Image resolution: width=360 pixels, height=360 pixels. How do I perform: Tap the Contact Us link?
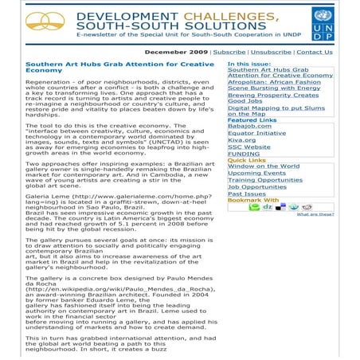[314, 51]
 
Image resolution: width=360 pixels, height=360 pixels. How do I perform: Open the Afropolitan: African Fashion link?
[274, 81]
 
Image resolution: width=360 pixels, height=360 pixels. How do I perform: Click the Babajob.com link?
[248, 126]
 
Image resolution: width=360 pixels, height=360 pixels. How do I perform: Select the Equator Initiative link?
[256, 133]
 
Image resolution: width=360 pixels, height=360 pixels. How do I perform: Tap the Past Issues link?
[246, 194]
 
